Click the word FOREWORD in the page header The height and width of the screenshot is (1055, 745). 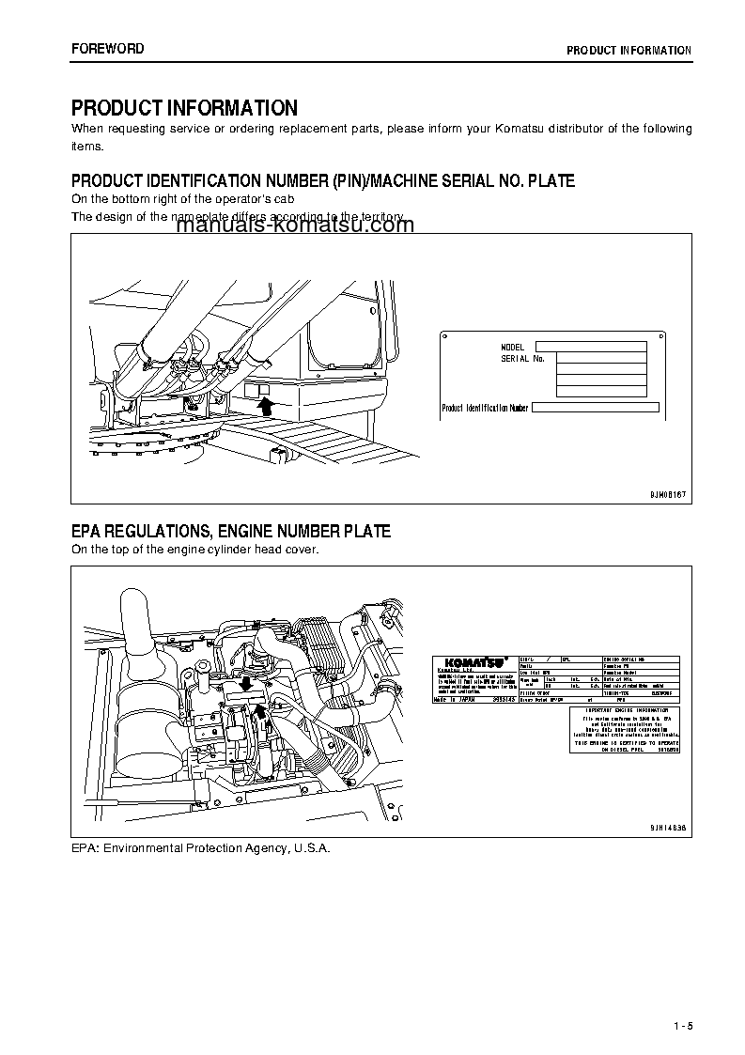pyautogui.click(x=107, y=49)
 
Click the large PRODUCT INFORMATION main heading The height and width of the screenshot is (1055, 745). pyautogui.click(x=184, y=108)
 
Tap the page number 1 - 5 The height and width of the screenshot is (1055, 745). pyautogui.click(x=682, y=1024)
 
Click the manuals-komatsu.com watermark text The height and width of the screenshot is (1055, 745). pyautogui.click(x=294, y=225)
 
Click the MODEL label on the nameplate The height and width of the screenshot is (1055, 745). pyautogui.click(x=512, y=348)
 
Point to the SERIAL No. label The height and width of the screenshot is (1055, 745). pyautogui.click(x=522, y=359)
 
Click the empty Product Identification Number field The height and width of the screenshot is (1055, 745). pyautogui.click(x=596, y=408)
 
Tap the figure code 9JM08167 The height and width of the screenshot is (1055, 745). pyautogui.click(x=667, y=492)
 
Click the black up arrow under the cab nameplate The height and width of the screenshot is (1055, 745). pyautogui.click(x=265, y=406)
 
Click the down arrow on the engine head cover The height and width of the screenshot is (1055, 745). pyautogui.click(x=246, y=683)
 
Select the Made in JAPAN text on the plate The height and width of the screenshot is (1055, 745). pyautogui.click(x=455, y=700)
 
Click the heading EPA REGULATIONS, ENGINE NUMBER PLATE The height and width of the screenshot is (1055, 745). pyautogui.click(x=230, y=532)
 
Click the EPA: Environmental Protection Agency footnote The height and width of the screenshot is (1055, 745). pyautogui.click(x=201, y=847)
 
